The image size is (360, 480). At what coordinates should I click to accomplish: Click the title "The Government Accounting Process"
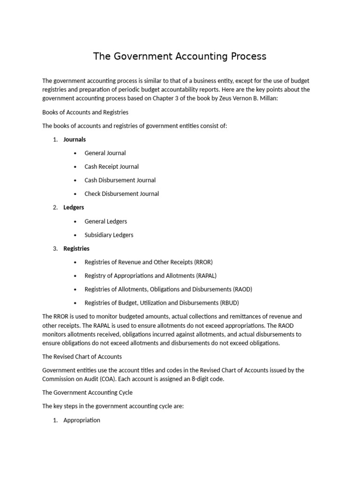click(x=180, y=56)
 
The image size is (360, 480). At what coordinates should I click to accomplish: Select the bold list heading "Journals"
click(x=75, y=139)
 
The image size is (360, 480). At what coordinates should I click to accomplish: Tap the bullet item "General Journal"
click(x=105, y=153)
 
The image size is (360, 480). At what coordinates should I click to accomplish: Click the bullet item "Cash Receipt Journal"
click(x=112, y=166)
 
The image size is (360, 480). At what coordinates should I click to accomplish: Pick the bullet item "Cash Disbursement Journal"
click(x=120, y=180)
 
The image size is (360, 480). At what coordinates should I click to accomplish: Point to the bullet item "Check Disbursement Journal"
click(x=121, y=194)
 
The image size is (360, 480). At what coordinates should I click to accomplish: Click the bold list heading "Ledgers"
click(x=74, y=207)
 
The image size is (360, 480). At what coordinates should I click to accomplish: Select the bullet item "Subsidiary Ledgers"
click(x=109, y=235)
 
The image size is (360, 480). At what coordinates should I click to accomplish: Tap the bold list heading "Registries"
click(x=76, y=248)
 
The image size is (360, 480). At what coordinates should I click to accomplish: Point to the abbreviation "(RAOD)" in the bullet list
click(x=242, y=289)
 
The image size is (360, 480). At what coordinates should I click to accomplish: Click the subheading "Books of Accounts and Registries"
click(x=85, y=112)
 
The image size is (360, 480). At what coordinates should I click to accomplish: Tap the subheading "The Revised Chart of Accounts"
click(x=82, y=357)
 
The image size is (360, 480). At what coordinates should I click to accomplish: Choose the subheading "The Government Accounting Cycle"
click(x=87, y=393)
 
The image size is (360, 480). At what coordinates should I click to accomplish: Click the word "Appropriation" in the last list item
click(x=82, y=420)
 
